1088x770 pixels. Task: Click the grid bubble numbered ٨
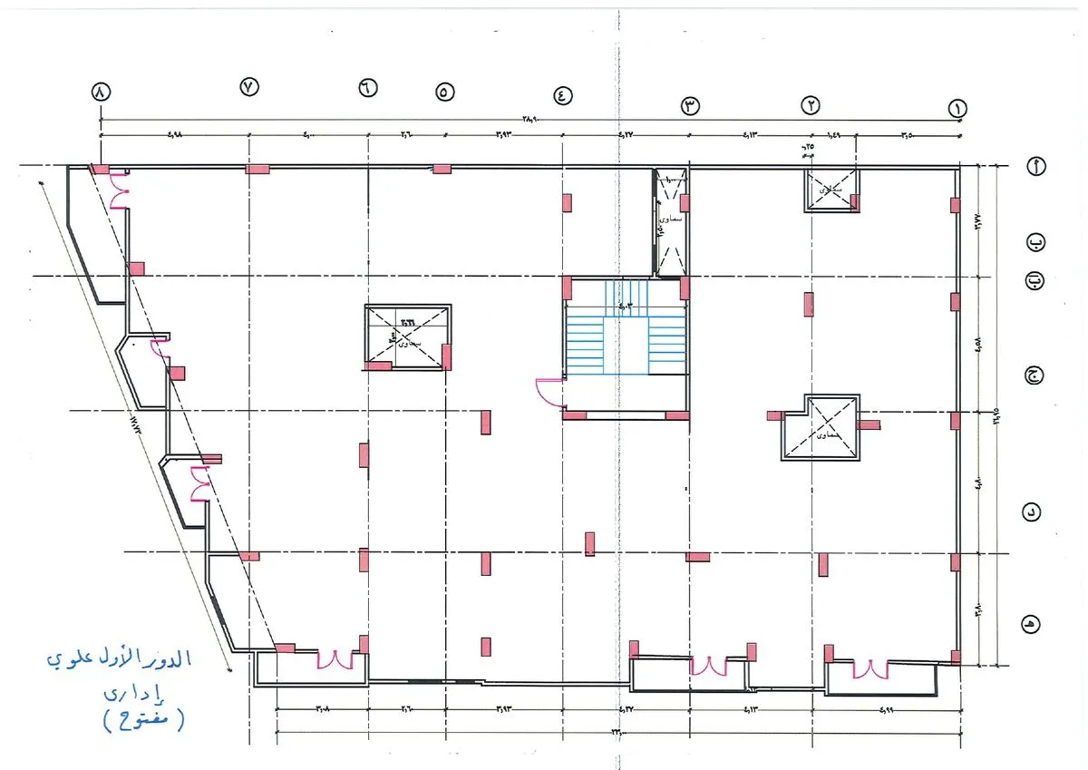pos(100,93)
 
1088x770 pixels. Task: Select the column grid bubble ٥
pos(444,92)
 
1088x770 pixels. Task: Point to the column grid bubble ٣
pos(691,106)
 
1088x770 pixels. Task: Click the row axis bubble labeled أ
pos(1035,166)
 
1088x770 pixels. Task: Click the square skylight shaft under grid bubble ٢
pos(831,190)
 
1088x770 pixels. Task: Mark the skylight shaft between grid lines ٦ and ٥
pos(407,337)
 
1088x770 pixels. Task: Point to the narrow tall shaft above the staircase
pos(671,221)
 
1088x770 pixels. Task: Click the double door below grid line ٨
pos(120,191)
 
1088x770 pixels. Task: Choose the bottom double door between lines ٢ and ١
pos(868,669)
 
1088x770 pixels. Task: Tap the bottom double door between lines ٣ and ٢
pos(708,667)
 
